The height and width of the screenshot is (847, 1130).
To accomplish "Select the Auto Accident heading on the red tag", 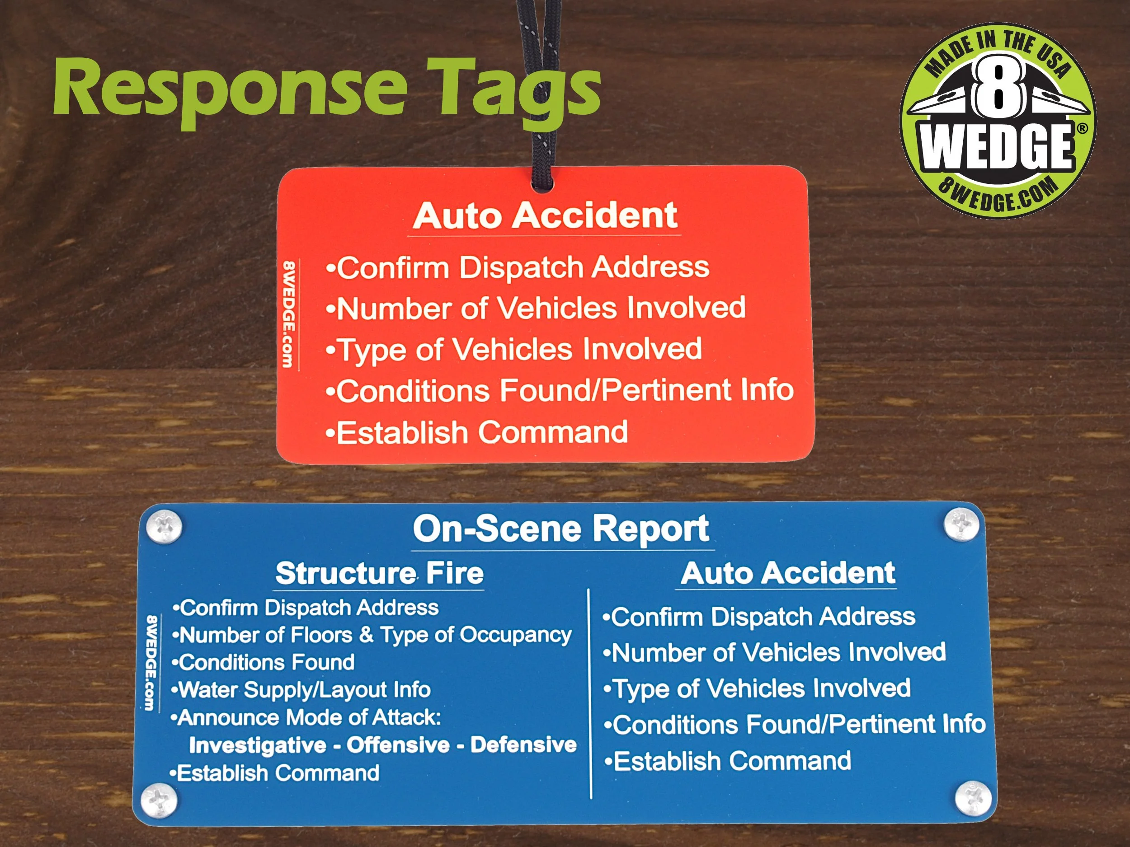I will (545, 215).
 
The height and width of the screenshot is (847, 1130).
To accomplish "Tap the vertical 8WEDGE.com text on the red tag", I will (289, 314).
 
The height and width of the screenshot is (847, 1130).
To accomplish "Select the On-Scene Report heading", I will (561, 529).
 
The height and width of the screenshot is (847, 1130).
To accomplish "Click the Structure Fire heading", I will (380, 573).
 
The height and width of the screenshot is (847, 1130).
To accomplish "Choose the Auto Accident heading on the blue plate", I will (788, 573).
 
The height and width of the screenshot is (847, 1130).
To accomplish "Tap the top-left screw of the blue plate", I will (164, 527).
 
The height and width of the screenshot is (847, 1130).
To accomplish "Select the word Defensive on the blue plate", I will (523, 745).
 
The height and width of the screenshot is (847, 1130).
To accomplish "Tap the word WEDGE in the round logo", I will (996, 148).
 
